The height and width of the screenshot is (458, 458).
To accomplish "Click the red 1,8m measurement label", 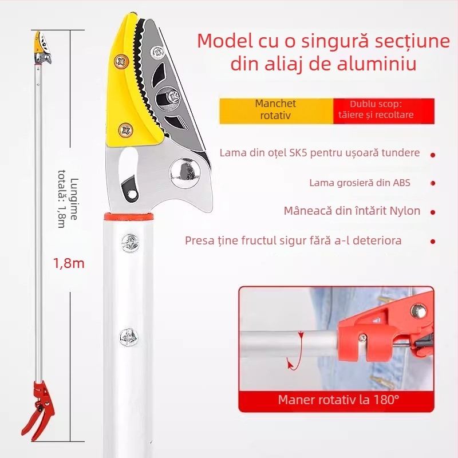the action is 69,263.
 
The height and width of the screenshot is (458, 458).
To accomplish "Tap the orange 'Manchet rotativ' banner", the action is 276,111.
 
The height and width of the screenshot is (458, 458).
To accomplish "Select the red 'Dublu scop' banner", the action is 384,111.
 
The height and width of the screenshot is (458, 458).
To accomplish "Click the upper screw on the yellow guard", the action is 121,62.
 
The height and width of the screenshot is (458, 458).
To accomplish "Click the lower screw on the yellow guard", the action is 126,130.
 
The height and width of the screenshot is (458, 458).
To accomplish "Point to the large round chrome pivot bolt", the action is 185,172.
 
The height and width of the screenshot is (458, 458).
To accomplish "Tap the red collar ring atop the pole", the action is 128,217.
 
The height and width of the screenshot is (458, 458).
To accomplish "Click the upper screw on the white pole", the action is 130,243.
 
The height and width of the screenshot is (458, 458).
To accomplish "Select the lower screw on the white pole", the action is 128,337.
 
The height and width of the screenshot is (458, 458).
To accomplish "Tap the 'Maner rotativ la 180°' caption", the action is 338,400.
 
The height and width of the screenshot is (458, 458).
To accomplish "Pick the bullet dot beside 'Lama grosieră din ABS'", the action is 433,183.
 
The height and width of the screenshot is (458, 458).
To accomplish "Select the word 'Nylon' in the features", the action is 405,211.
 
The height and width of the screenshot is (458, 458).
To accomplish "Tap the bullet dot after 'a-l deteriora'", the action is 433,242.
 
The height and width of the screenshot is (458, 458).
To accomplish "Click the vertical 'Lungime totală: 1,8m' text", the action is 68,199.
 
